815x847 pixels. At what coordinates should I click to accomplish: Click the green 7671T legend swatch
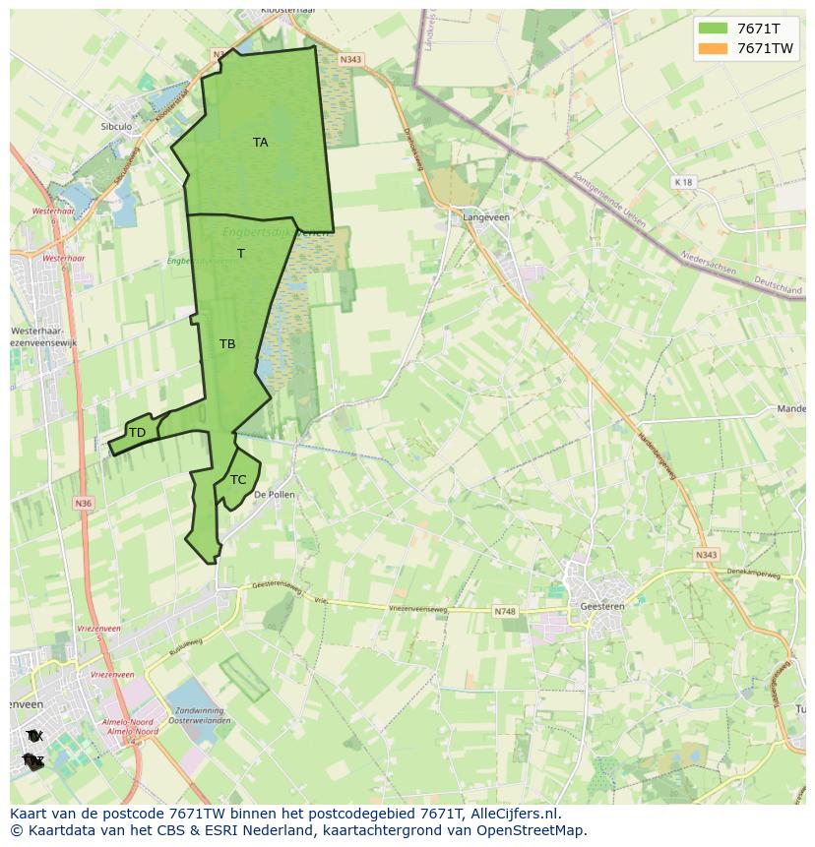(712, 29)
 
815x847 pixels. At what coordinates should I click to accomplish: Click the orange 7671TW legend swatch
(712, 48)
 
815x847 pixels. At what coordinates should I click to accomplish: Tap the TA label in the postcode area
(260, 143)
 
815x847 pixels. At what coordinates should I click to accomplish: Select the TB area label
(227, 344)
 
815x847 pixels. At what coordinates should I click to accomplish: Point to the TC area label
(238, 480)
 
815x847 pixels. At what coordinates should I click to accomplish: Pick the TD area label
(137, 433)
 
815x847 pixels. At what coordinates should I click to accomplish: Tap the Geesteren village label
(602, 607)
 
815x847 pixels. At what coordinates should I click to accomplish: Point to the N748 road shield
(504, 611)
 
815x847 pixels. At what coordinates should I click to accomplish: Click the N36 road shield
(83, 504)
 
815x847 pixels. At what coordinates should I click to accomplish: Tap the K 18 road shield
(683, 182)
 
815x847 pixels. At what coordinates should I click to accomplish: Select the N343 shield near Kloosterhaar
(350, 60)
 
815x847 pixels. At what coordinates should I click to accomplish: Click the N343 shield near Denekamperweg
(705, 555)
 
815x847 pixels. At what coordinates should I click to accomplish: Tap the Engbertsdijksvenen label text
(276, 233)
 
